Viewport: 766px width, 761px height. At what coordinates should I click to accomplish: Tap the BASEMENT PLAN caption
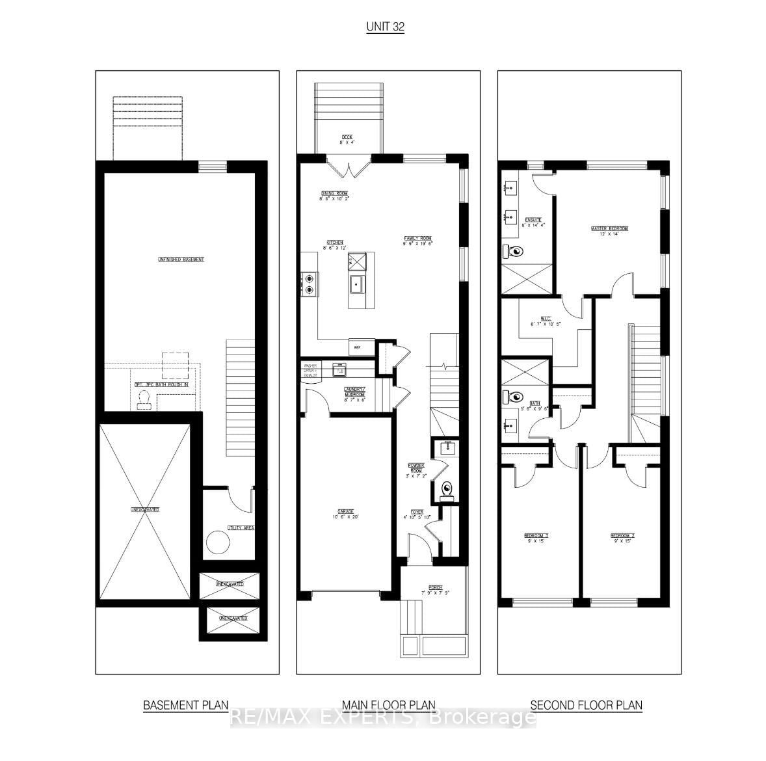(x=185, y=704)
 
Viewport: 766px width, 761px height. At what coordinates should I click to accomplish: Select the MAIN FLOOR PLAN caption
(x=389, y=704)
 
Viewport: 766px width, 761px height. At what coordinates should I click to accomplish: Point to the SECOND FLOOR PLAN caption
(x=586, y=704)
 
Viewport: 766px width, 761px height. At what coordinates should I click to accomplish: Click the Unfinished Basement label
(x=181, y=260)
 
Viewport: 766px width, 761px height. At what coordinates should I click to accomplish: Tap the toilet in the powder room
(x=447, y=489)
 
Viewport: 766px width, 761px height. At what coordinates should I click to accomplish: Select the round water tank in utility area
(x=217, y=542)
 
